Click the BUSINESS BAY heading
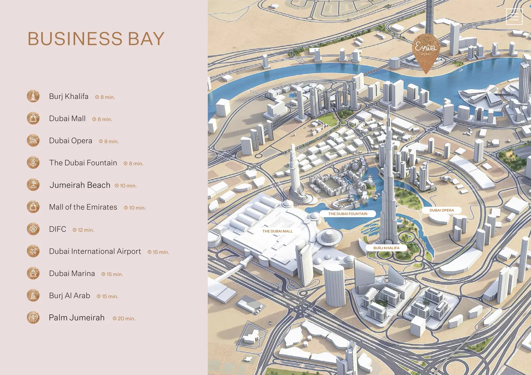96,39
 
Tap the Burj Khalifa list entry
69,96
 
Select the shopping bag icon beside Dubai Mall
33,118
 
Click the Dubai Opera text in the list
70,141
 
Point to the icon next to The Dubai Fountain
33,163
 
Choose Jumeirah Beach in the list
80,185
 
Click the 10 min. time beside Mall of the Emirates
135,208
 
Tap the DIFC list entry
57,229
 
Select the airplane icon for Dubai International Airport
33,251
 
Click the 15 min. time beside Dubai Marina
112,274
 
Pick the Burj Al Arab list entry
69,295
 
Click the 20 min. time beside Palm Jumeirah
124,318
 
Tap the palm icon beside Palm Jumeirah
33,318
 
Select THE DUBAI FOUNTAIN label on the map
348,214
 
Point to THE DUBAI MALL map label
277,231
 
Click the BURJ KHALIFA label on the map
386,248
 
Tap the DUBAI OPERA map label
442,210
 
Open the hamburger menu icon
514,16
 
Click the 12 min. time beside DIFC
84,230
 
